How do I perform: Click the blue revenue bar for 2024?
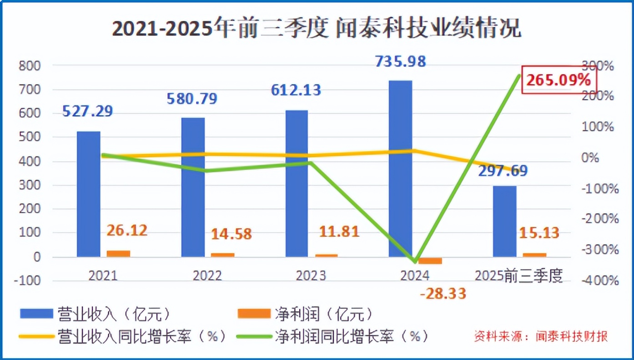click(400, 168)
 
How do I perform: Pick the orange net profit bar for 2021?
click(118, 254)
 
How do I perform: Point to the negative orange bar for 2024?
click(430, 260)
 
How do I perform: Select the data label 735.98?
click(401, 61)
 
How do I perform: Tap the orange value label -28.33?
click(443, 294)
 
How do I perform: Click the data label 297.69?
click(503, 171)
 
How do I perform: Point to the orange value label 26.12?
click(127, 230)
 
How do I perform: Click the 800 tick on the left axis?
click(30, 66)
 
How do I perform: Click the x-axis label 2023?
click(311, 276)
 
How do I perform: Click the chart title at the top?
click(317, 29)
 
